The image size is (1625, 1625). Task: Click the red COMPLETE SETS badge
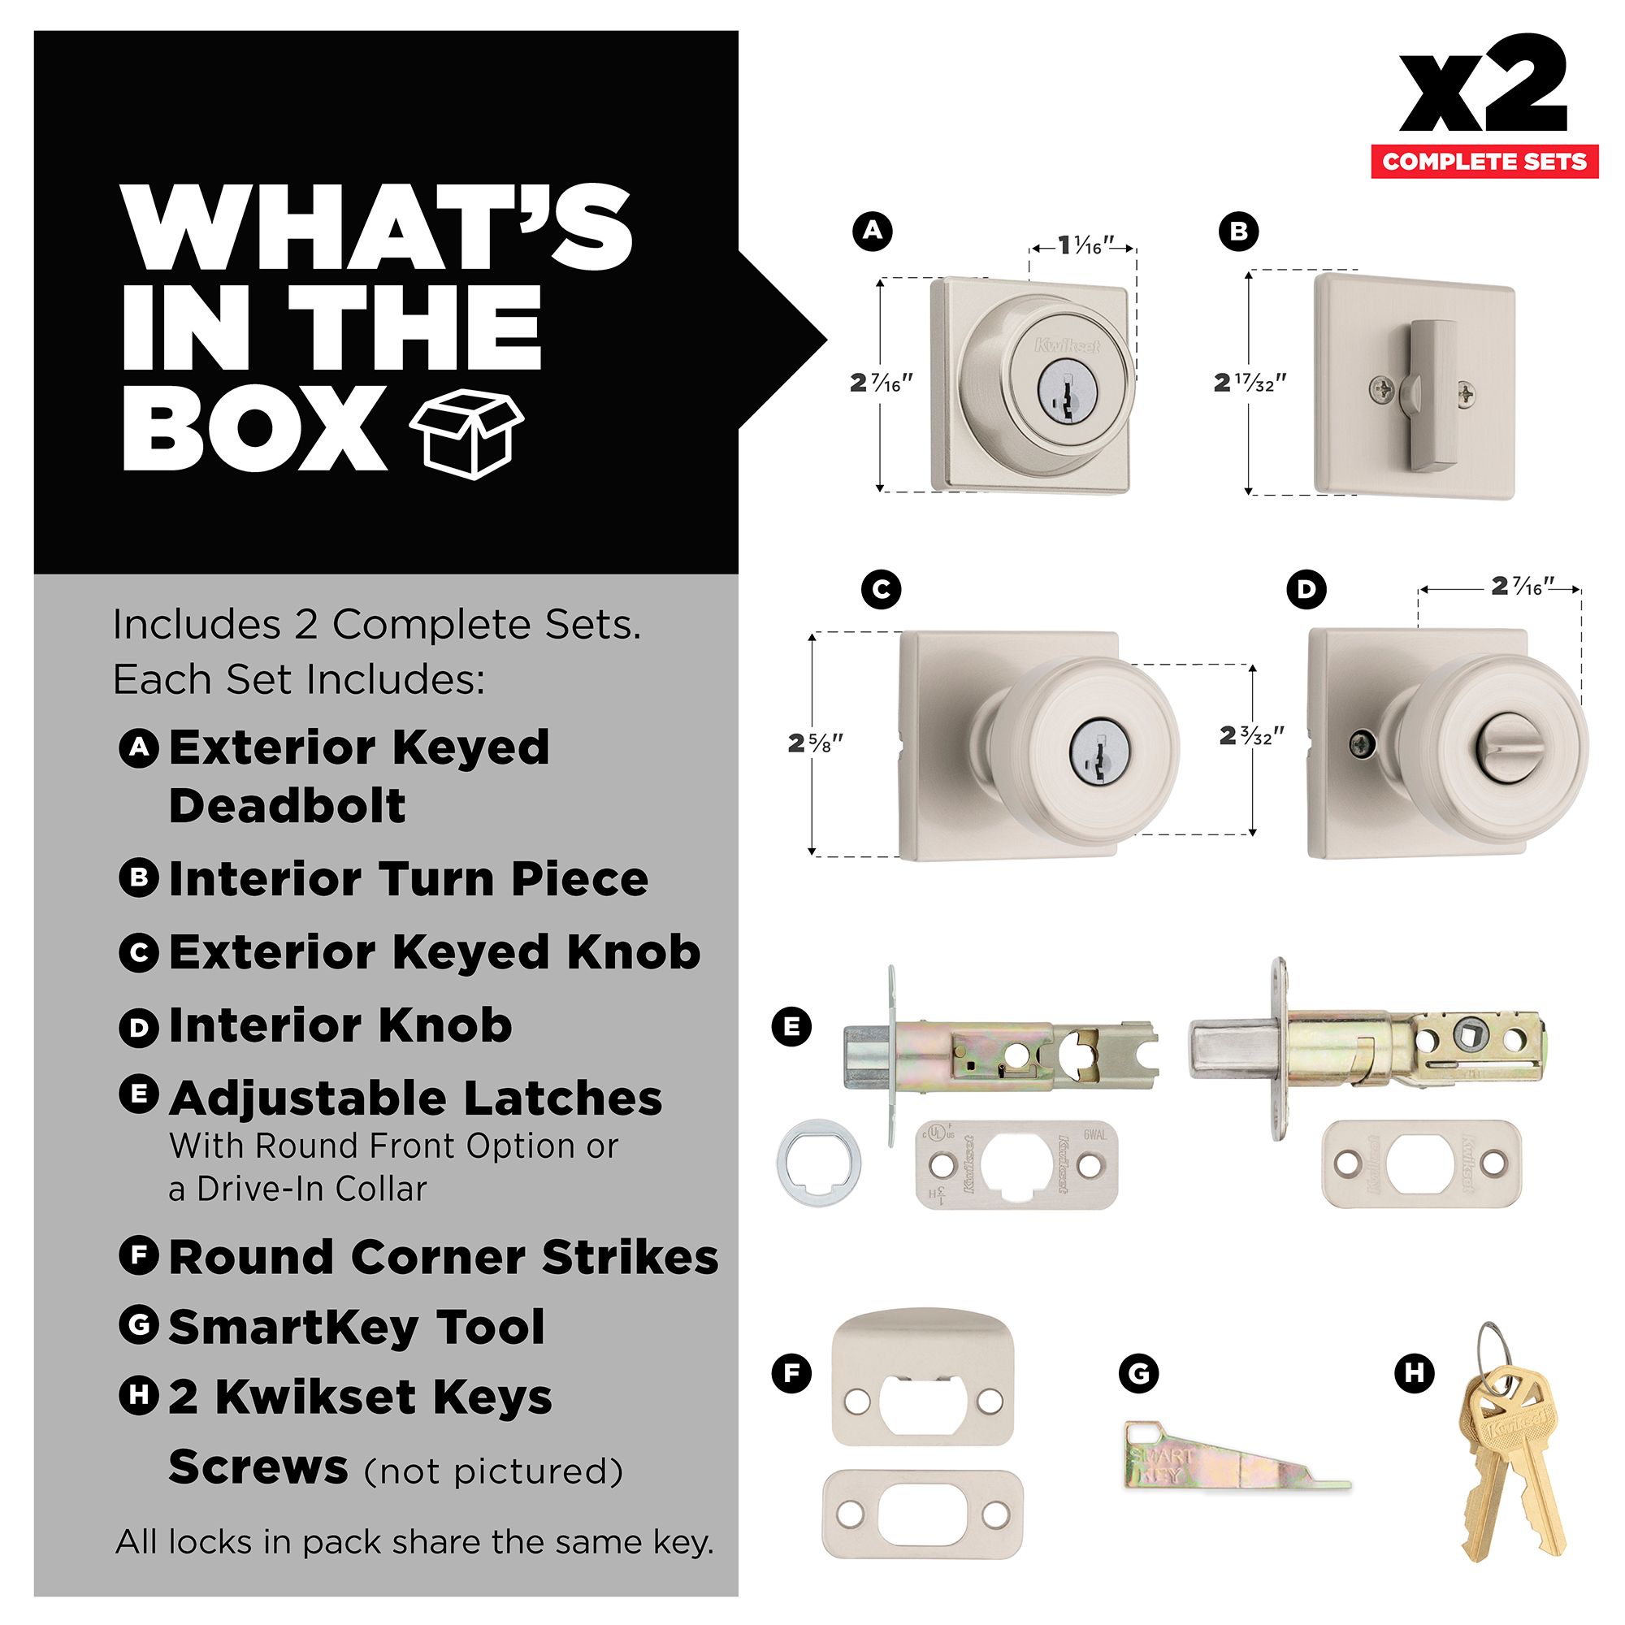click(x=1484, y=162)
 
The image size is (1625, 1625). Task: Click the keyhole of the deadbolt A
click(x=1066, y=391)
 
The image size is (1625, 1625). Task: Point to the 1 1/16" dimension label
click(x=1085, y=245)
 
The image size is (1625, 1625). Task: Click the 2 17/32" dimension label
click(x=1250, y=383)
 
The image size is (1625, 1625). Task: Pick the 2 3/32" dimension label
click(x=1252, y=736)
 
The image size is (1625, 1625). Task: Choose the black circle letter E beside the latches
click(x=791, y=1026)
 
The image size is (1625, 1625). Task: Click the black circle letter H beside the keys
click(x=1414, y=1373)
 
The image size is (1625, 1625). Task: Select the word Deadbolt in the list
click(x=288, y=806)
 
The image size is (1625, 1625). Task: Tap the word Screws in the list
click(x=258, y=1467)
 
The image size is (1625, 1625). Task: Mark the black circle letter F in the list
click(x=139, y=1256)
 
